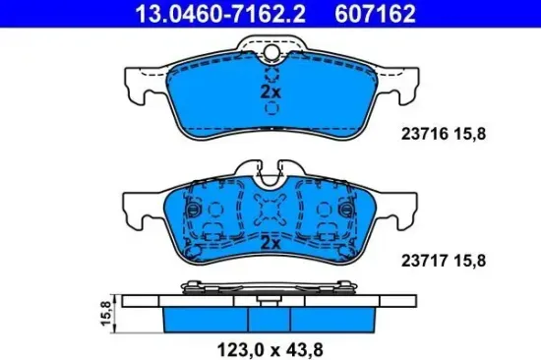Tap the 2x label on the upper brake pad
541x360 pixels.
pos(270,91)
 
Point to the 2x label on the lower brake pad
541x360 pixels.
pos(270,241)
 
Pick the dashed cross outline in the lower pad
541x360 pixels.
pos(270,210)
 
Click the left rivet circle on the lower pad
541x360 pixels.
pos(194,210)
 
